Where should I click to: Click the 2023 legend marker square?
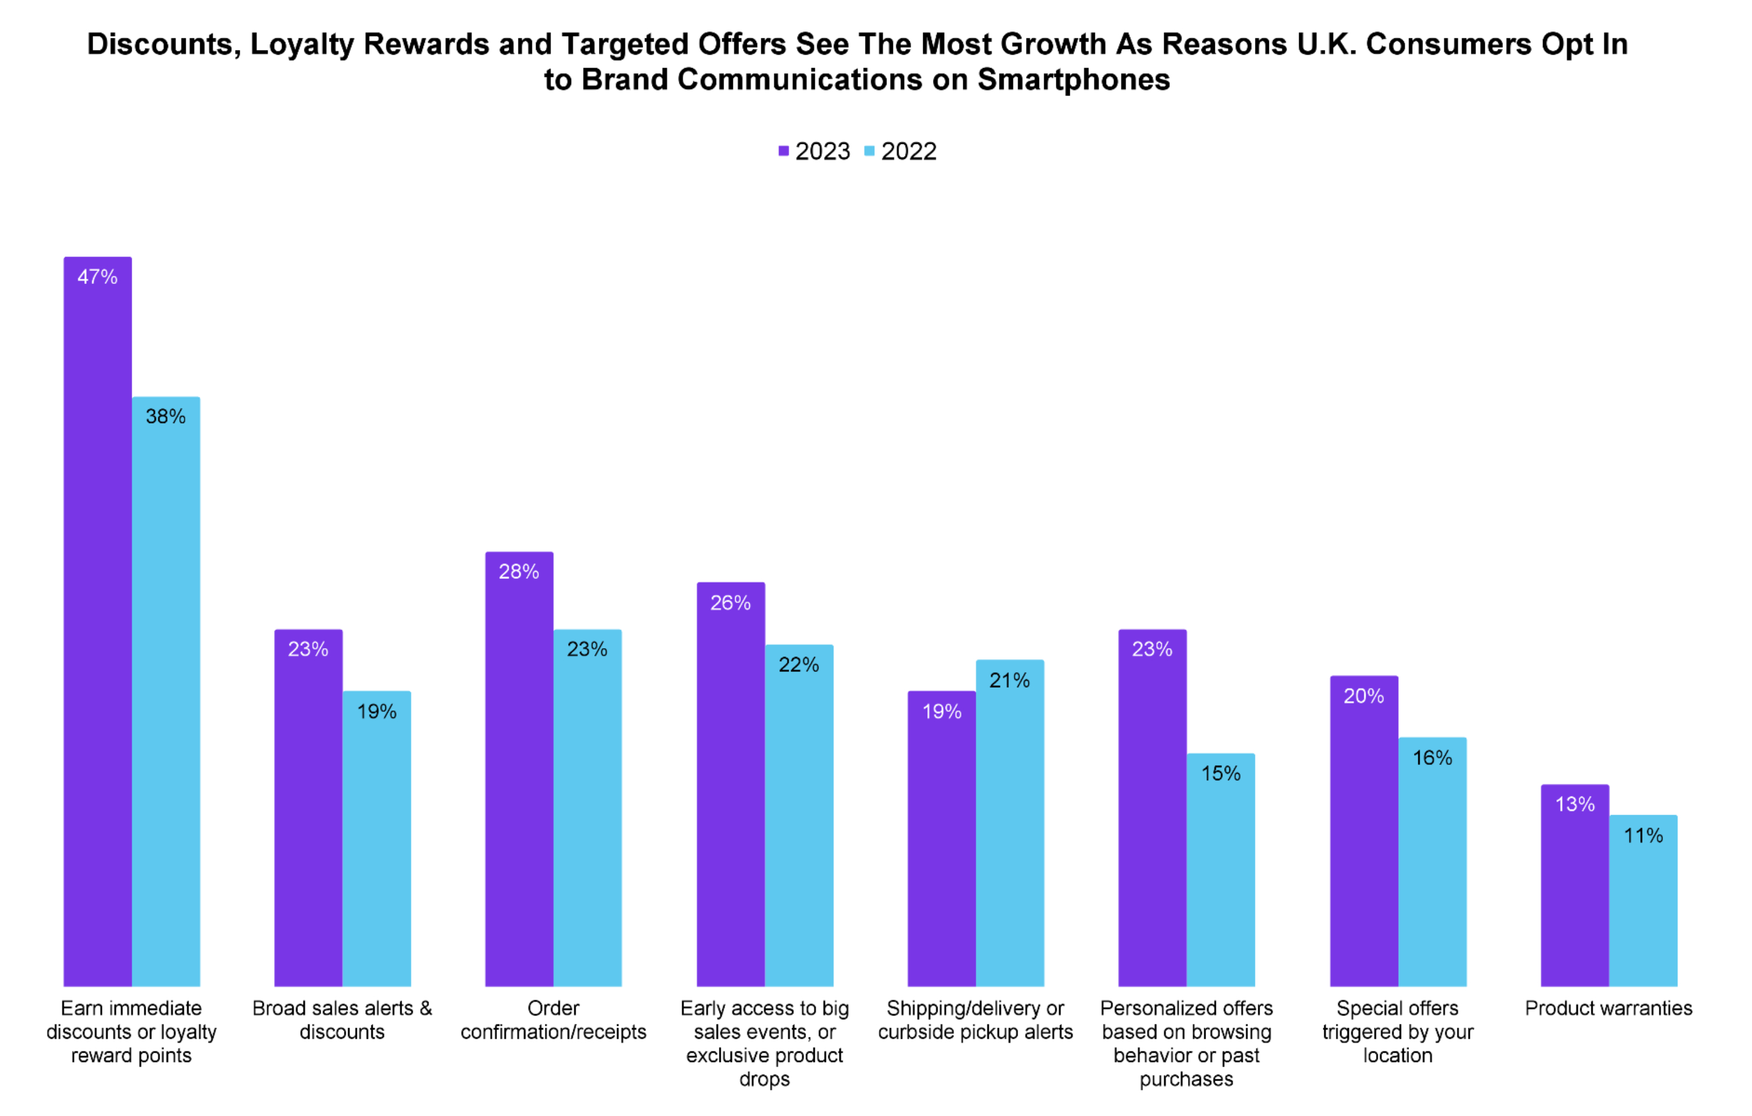click(x=783, y=151)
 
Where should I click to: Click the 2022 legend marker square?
click(x=870, y=151)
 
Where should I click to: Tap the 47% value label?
click(x=98, y=276)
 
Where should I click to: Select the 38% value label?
click(x=166, y=416)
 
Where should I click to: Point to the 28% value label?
click(x=519, y=572)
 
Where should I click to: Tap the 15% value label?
click(x=1221, y=773)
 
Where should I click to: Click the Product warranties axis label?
click(x=1609, y=1008)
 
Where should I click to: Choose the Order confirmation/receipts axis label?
click(x=553, y=1020)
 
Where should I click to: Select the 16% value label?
click(x=1432, y=758)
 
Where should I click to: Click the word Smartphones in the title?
click(x=1073, y=80)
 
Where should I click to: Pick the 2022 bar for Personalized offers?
click(x=1221, y=873)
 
